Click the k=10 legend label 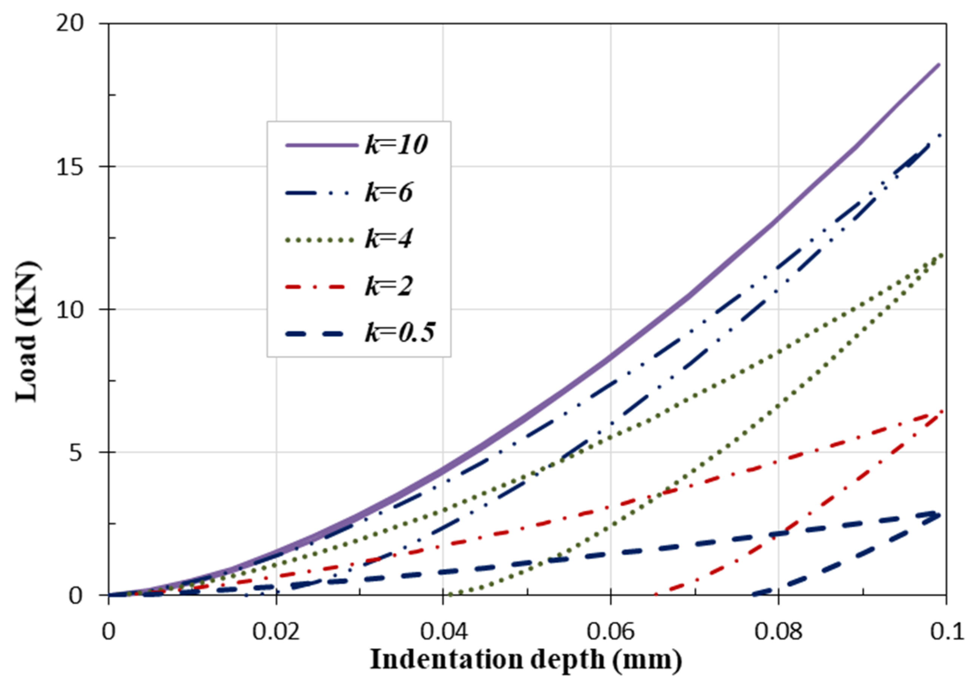pyautogui.click(x=396, y=145)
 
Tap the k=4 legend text pyautogui.click(x=388, y=239)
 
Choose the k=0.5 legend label pyautogui.click(x=400, y=333)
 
